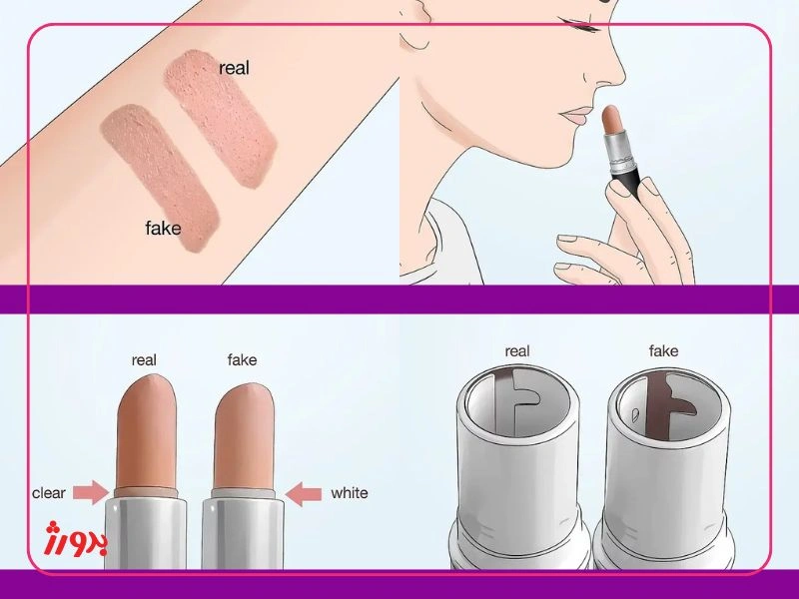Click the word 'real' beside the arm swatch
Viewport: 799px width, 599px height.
(x=234, y=68)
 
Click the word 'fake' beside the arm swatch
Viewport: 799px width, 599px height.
(x=163, y=228)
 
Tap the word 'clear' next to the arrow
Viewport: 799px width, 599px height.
(x=49, y=493)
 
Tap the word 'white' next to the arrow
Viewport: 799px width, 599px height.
(x=349, y=493)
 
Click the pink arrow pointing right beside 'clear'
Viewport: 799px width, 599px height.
(x=91, y=492)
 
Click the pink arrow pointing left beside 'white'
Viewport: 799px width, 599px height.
(x=304, y=492)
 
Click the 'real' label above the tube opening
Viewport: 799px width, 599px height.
(x=517, y=351)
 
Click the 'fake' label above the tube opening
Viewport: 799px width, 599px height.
(x=663, y=351)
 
